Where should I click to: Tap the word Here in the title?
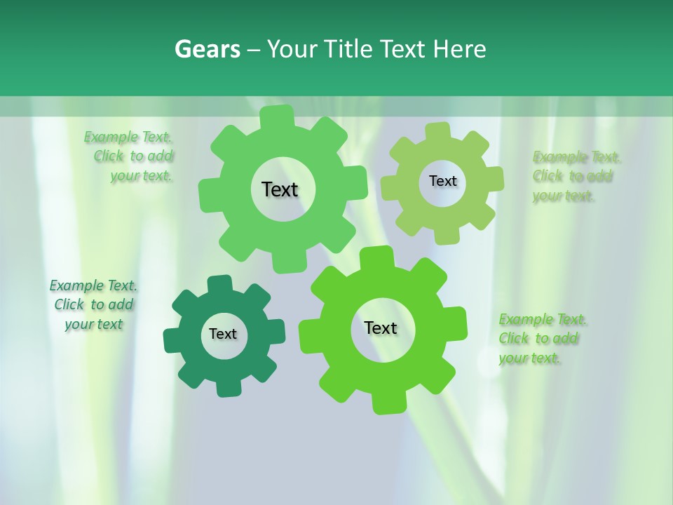[x=459, y=49]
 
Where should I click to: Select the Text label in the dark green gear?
[x=223, y=334]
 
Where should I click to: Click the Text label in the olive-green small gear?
[x=442, y=181]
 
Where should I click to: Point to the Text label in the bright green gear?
[x=381, y=328]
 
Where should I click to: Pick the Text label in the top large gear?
[x=280, y=189]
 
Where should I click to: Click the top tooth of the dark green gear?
[x=219, y=284]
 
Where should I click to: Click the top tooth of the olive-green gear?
[x=437, y=131]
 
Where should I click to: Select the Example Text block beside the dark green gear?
[x=93, y=304]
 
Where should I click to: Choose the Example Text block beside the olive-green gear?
[x=575, y=176]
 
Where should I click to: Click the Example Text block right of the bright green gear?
[x=541, y=339]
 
